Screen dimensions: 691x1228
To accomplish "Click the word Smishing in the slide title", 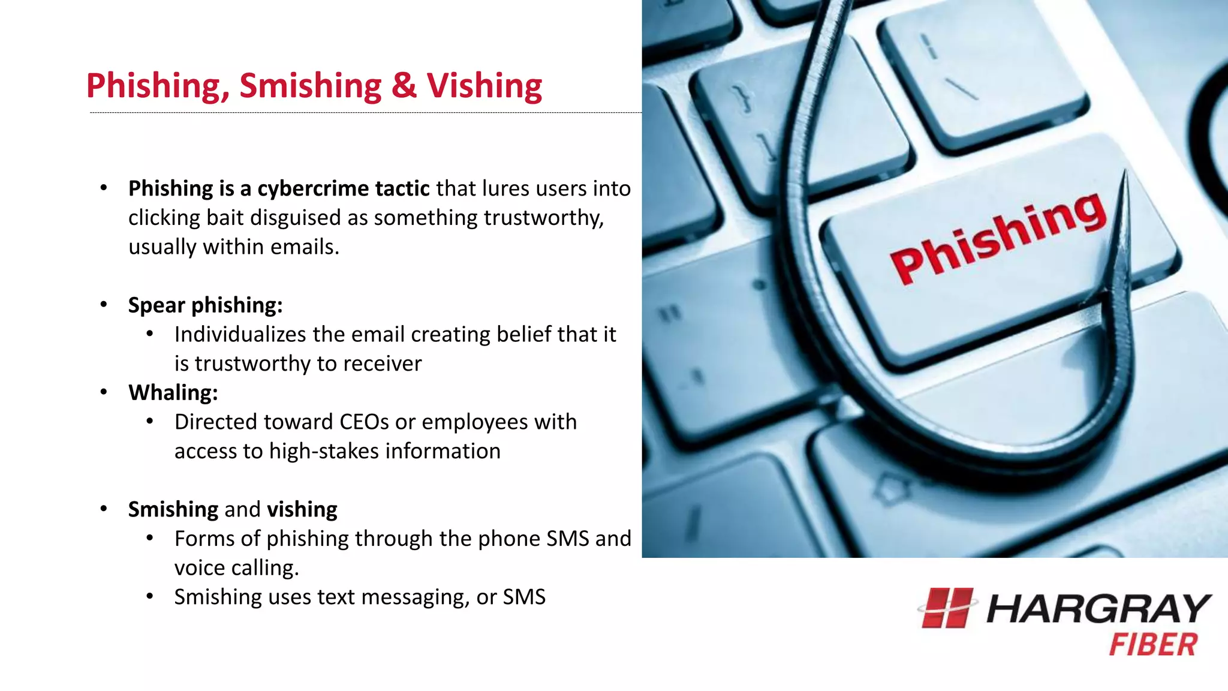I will (310, 86).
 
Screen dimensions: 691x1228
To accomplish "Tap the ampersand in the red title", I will (404, 85).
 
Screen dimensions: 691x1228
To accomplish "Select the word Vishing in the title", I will (484, 86).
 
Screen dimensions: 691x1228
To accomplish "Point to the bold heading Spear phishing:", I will (205, 305).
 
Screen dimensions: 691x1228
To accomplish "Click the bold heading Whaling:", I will (173, 393).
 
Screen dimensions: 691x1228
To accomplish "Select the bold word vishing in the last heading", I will (302, 509).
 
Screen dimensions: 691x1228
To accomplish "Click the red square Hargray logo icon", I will (946, 608).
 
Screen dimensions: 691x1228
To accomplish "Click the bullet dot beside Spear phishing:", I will (104, 305).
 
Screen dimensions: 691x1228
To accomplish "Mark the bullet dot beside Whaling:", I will (104, 392).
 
